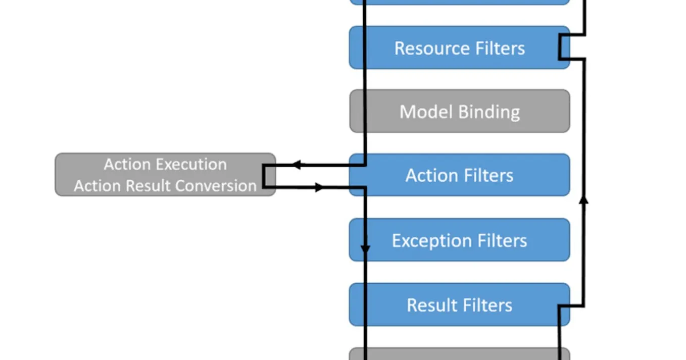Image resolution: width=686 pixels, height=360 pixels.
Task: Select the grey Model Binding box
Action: (459, 111)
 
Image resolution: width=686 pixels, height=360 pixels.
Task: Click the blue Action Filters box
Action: (459, 175)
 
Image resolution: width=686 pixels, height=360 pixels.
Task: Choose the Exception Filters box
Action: (459, 240)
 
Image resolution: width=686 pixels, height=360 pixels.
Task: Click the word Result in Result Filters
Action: (430, 305)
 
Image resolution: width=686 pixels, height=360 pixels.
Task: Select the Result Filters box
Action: (459, 305)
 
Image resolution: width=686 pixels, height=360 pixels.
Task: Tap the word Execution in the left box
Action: (191, 165)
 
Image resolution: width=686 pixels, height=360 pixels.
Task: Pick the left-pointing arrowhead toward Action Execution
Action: (297, 165)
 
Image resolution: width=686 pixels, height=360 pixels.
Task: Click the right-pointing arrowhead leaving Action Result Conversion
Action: (319, 187)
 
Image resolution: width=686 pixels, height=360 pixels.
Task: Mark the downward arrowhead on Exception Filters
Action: (365, 249)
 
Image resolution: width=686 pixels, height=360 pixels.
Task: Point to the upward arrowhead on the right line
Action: (583, 200)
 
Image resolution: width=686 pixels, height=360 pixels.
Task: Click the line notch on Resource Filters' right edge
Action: (560, 47)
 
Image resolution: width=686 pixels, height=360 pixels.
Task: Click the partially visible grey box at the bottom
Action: (459, 354)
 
